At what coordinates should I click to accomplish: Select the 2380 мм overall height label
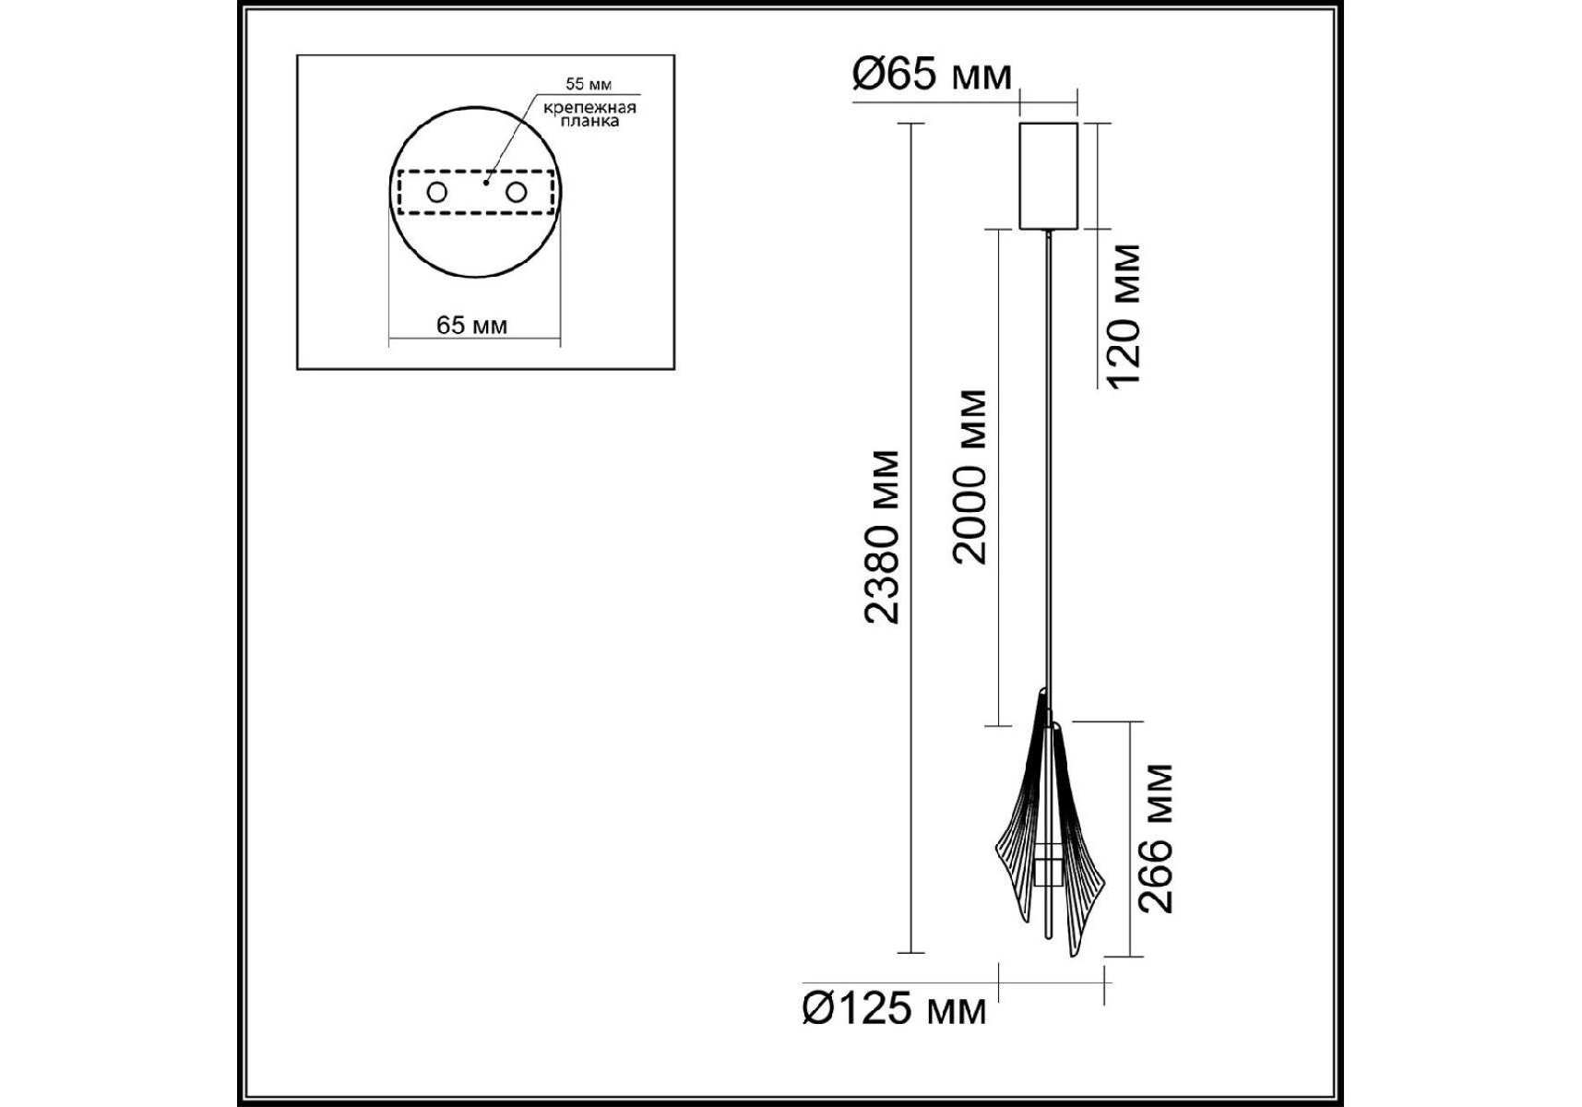coord(882,538)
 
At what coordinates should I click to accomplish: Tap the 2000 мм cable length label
coord(970,476)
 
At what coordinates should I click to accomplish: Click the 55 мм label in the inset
coord(589,84)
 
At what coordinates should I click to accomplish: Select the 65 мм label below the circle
coord(471,325)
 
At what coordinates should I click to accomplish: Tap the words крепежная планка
coord(589,114)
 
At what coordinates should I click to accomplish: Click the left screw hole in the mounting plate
coord(435,194)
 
